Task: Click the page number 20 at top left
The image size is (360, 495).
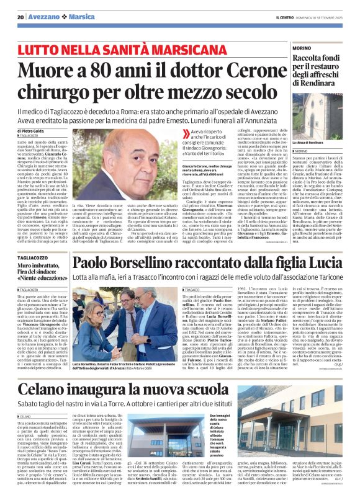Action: click(21, 17)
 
